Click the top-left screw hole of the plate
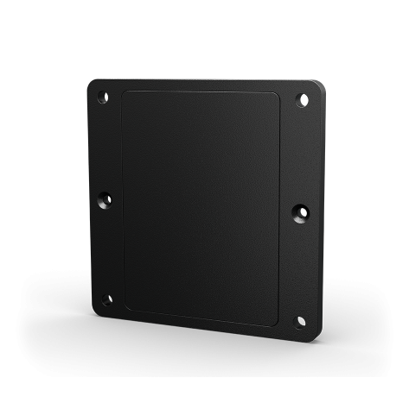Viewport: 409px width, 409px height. (102, 98)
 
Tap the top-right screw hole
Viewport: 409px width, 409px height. (304, 100)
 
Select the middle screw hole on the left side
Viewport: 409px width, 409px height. (105, 199)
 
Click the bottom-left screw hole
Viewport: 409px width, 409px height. (106, 299)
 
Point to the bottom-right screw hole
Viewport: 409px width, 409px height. (300, 321)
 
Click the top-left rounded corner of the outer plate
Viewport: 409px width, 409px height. (92, 84)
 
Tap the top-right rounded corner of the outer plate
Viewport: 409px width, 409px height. (319, 85)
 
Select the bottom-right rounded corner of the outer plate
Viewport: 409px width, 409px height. (313, 337)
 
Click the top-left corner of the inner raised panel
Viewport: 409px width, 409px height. (126, 92)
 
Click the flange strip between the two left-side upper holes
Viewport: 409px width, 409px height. (104, 148)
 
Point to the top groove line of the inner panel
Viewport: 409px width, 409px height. (201, 90)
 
